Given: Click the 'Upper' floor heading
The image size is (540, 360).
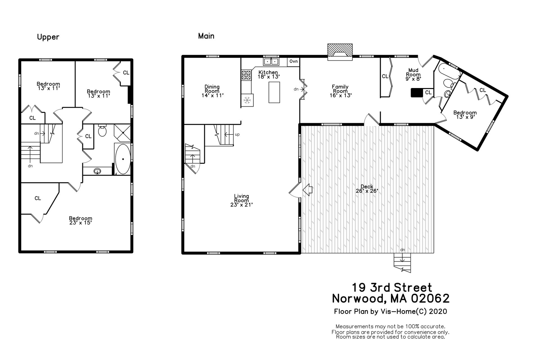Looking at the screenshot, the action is coord(48,37).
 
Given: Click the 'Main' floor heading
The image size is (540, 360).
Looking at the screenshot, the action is coord(206,36).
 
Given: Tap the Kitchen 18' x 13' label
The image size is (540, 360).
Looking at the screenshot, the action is coord(268,75).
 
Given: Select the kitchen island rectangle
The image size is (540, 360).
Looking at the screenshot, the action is coord(274,92).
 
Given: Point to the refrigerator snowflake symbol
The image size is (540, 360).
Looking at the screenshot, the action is coord(247,100).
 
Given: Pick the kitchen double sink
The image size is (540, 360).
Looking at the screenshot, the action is coord(271,61).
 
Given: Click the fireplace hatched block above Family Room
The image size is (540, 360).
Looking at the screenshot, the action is coord(340,52).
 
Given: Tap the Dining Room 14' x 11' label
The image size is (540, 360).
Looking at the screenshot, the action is coord(212,91).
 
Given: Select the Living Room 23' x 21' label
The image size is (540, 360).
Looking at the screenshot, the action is coord(242,200).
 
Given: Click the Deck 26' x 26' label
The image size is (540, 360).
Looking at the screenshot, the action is coord(367,188).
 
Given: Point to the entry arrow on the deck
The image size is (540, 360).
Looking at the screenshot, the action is coord(307,190).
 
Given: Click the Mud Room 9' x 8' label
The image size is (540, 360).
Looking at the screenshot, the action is coord(413,74).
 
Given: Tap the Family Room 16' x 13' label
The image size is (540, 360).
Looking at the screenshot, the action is coord(340,91).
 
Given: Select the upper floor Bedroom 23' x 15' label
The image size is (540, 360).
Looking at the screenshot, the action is coord(81,220).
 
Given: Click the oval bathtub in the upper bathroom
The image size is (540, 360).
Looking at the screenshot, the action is coord(123,159).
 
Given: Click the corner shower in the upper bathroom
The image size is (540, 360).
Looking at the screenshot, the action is coord(122,133).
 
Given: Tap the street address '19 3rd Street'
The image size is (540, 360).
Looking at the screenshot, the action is coord(392,287).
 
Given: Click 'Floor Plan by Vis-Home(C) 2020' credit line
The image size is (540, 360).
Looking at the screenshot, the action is coord(390,311).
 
